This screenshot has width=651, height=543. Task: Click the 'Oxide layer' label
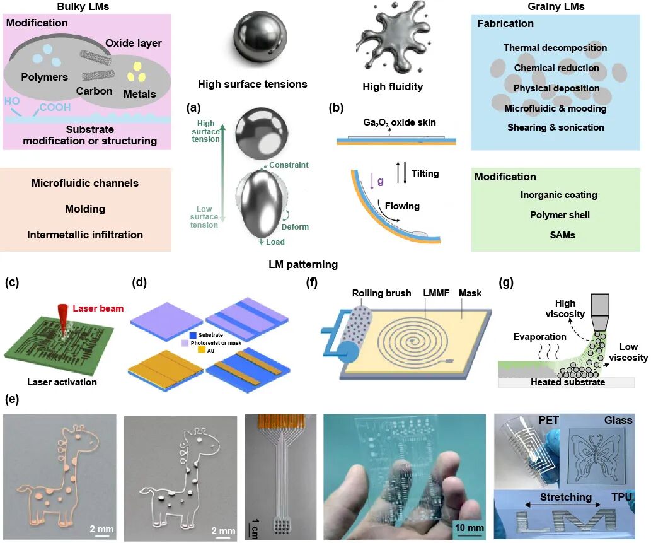(x=134, y=44)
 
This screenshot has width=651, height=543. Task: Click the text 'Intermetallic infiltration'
(x=85, y=235)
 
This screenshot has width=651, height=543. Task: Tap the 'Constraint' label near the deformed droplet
(x=288, y=165)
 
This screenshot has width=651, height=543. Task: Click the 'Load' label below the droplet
(x=275, y=242)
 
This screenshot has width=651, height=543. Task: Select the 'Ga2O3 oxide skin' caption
(x=400, y=122)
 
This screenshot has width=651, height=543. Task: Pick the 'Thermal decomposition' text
(x=555, y=48)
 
